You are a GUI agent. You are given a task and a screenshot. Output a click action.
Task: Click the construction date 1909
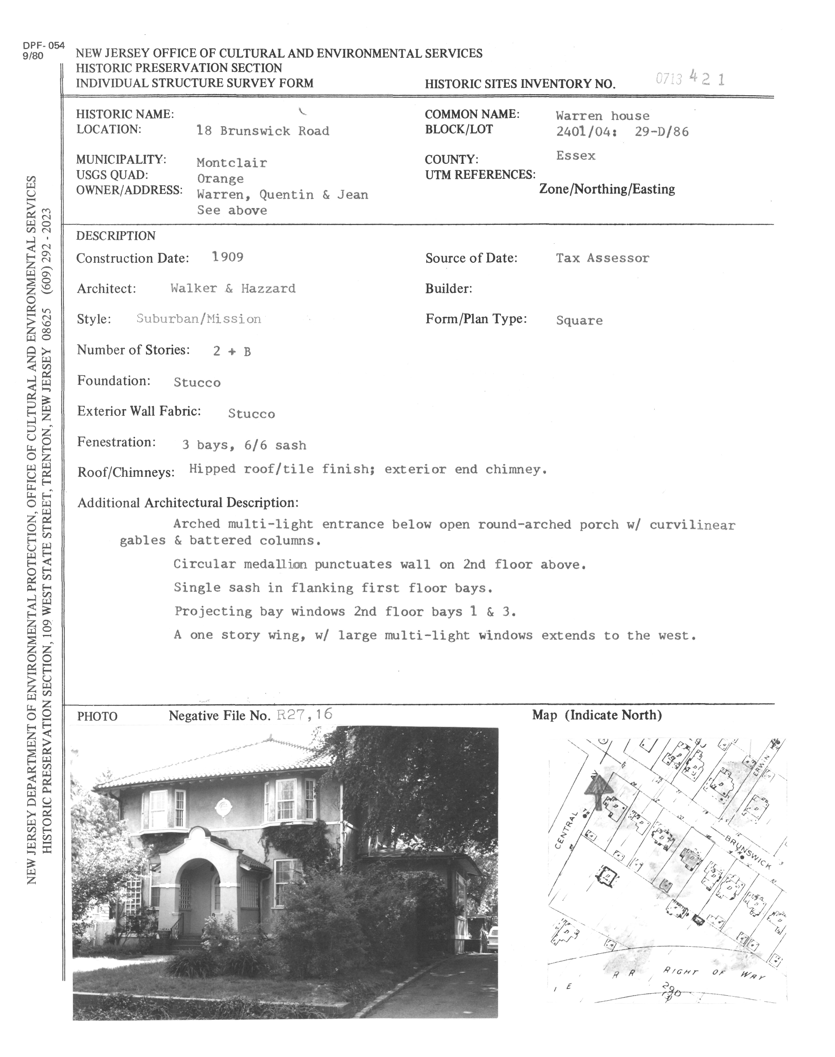tap(228, 257)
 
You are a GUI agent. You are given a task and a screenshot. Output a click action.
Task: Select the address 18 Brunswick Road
tap(262, 131)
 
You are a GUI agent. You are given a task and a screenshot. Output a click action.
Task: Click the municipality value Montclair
tap(232, 163)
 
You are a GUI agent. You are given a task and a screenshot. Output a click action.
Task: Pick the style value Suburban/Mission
tap(199, 319)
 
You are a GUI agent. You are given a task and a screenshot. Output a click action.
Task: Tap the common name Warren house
tap(602, 116)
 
